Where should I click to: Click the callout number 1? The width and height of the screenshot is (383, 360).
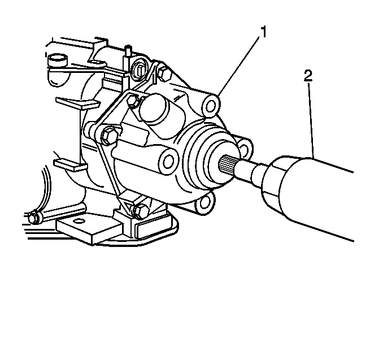click(x=263, y=32)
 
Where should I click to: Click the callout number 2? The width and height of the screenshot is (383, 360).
click(x=308, y=76)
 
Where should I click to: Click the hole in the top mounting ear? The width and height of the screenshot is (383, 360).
click(x=211, y=106)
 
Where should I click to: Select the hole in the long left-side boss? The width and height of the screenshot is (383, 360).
click(x=168, y=161)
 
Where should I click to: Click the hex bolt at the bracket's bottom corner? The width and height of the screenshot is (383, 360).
click(x=141, y=211)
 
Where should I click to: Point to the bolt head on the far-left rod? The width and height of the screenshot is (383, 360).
click(x=34, y=217)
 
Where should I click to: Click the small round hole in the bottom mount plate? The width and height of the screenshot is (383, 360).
click(x=79, y=222)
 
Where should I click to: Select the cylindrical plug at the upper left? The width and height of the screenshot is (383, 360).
click(x=58, y=60)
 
